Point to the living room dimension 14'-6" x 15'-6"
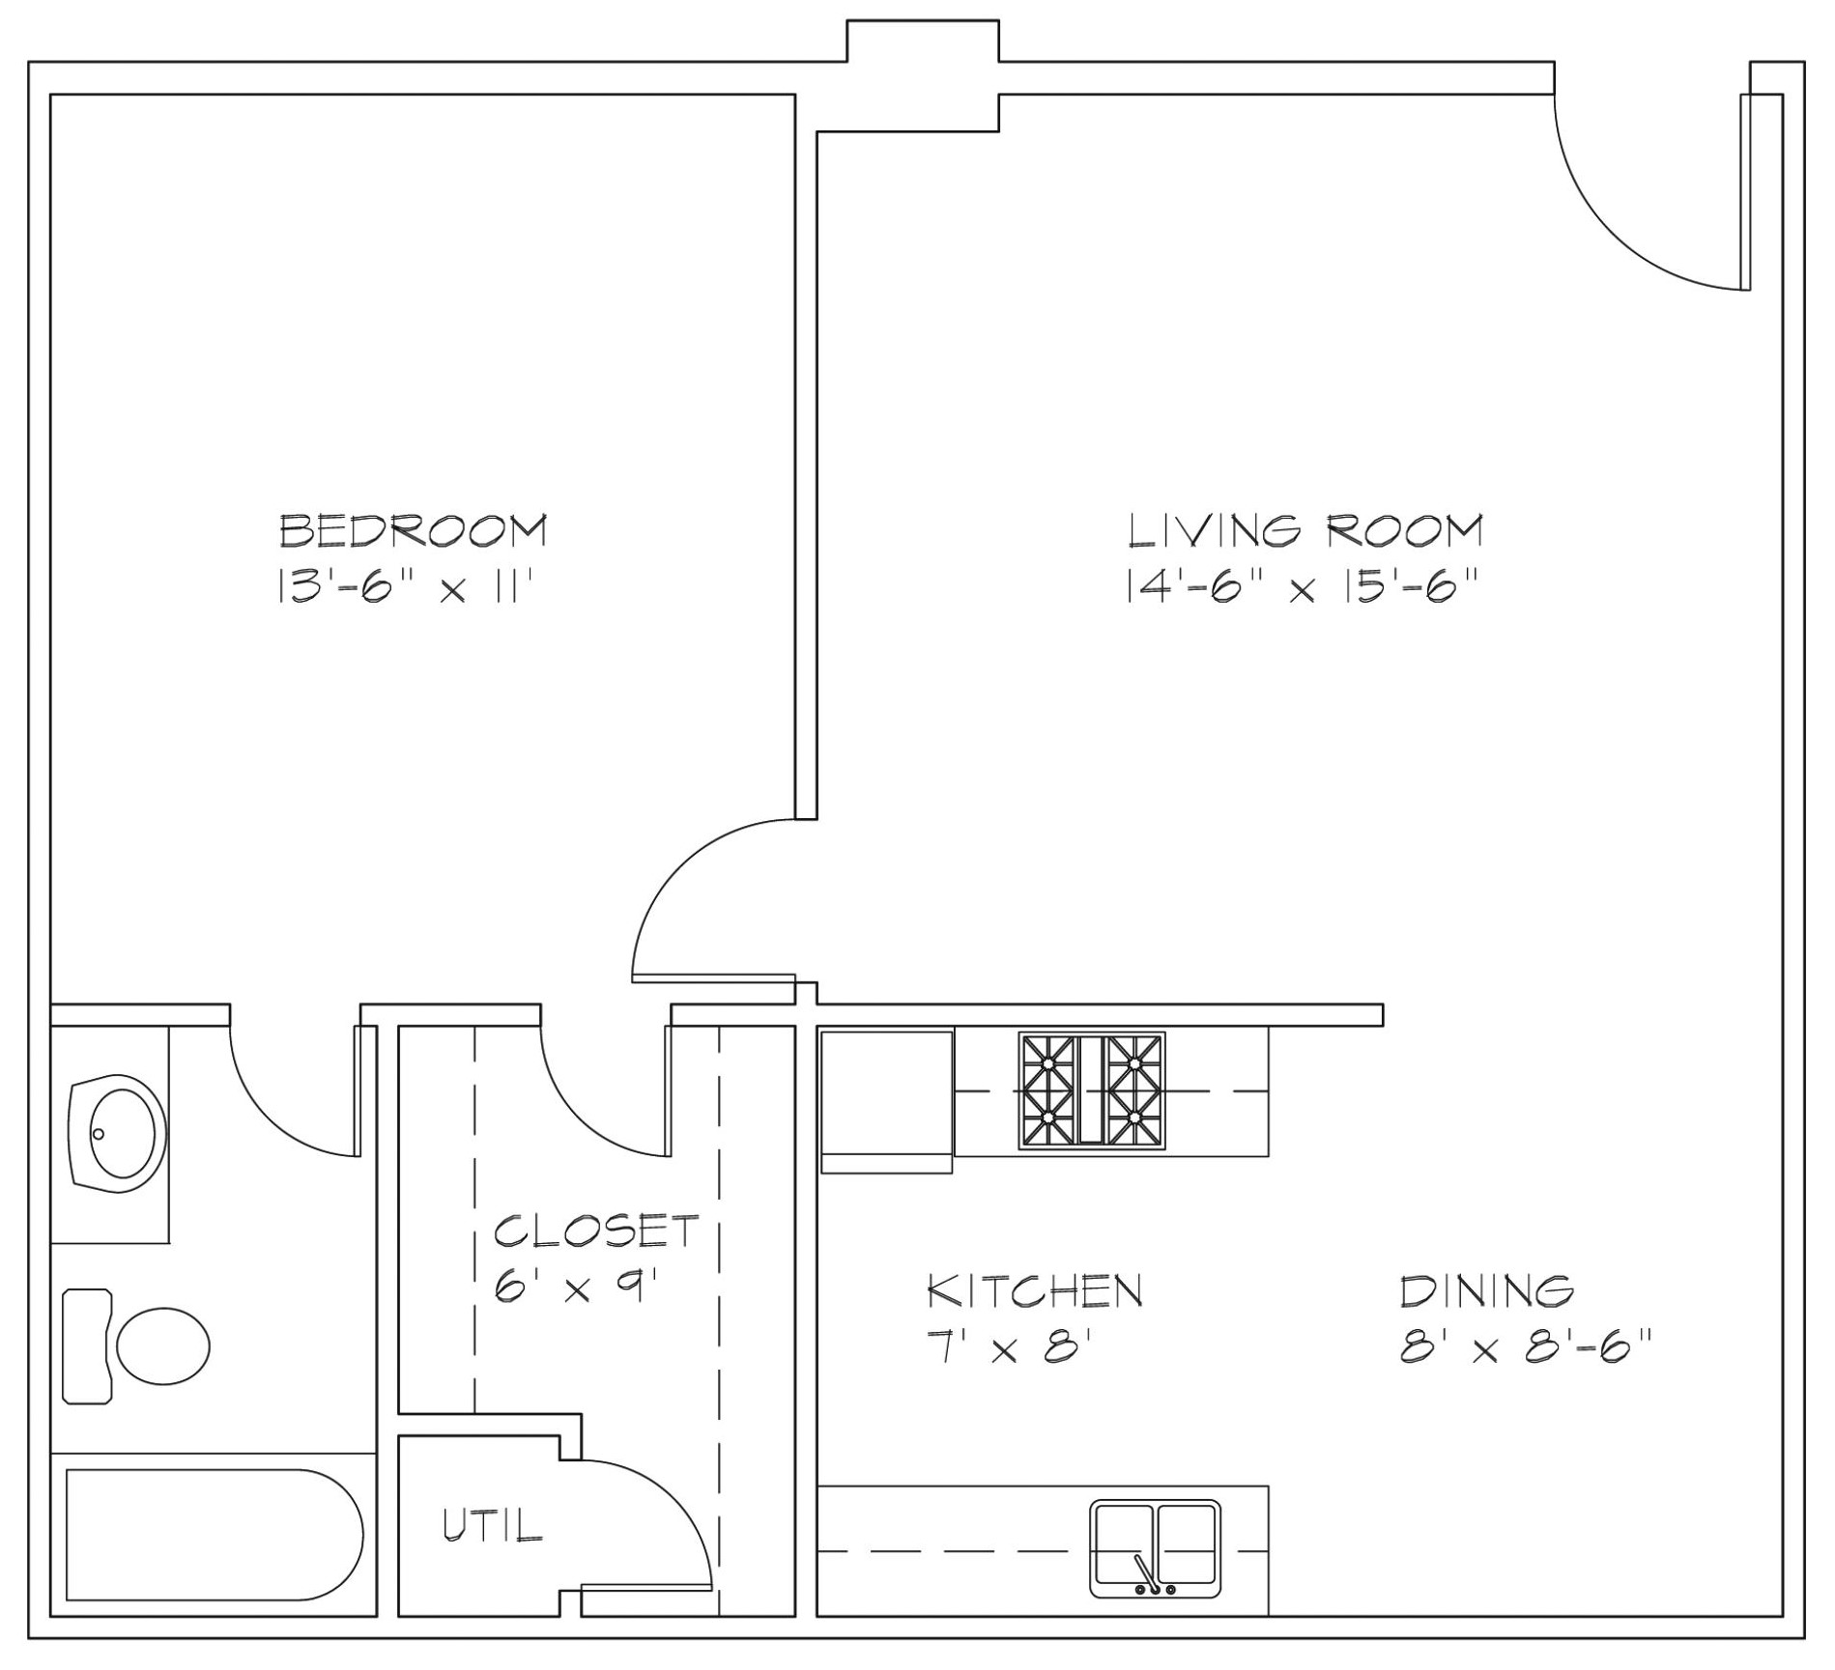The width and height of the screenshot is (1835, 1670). click(x=1302, y=586)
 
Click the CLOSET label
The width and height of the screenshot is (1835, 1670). click(x=596, y=1231)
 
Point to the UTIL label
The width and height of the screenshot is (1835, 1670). click(x=493, y=1524)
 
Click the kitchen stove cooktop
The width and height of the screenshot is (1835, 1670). click(x=1092, y=1090)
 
